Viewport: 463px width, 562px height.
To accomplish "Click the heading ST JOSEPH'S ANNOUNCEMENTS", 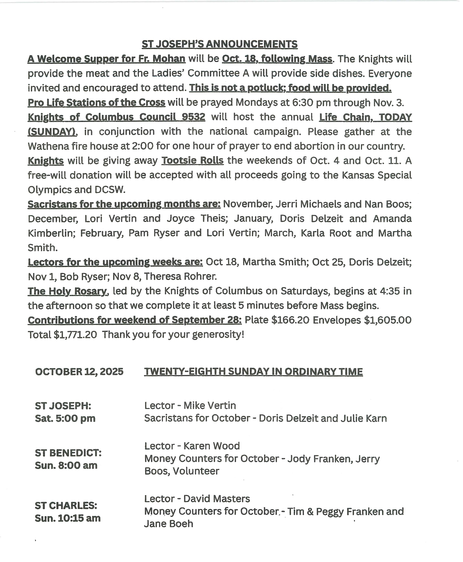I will pos(219,44).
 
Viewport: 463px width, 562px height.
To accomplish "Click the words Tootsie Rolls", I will pos(193,161).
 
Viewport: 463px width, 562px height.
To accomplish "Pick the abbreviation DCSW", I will pos(110,190).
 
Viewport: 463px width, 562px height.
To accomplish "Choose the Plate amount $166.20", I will pos(290,320).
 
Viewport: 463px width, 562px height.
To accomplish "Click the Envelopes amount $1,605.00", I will pos(388,320).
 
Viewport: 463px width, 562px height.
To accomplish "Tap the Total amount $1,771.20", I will pos(75,335).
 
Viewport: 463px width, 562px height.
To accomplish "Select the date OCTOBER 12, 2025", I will pos(79,372).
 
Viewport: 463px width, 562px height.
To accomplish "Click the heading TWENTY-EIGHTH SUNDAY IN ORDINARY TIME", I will pos(253,372).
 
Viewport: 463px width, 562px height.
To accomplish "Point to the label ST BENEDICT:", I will pos(68,453).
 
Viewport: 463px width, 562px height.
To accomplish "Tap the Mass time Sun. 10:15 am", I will pos(68,518).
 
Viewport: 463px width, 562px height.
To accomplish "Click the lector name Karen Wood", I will pos(212,446).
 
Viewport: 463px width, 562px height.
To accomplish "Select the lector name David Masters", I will pos(217,499).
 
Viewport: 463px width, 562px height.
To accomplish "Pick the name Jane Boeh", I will pos(169,524).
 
